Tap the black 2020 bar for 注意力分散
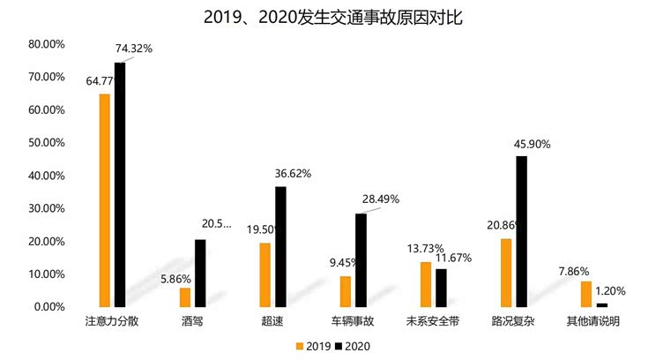120,184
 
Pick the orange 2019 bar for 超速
264,274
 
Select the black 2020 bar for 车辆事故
361,260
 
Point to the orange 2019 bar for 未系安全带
425,284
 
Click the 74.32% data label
133,49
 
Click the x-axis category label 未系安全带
432,322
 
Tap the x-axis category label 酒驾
192,322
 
